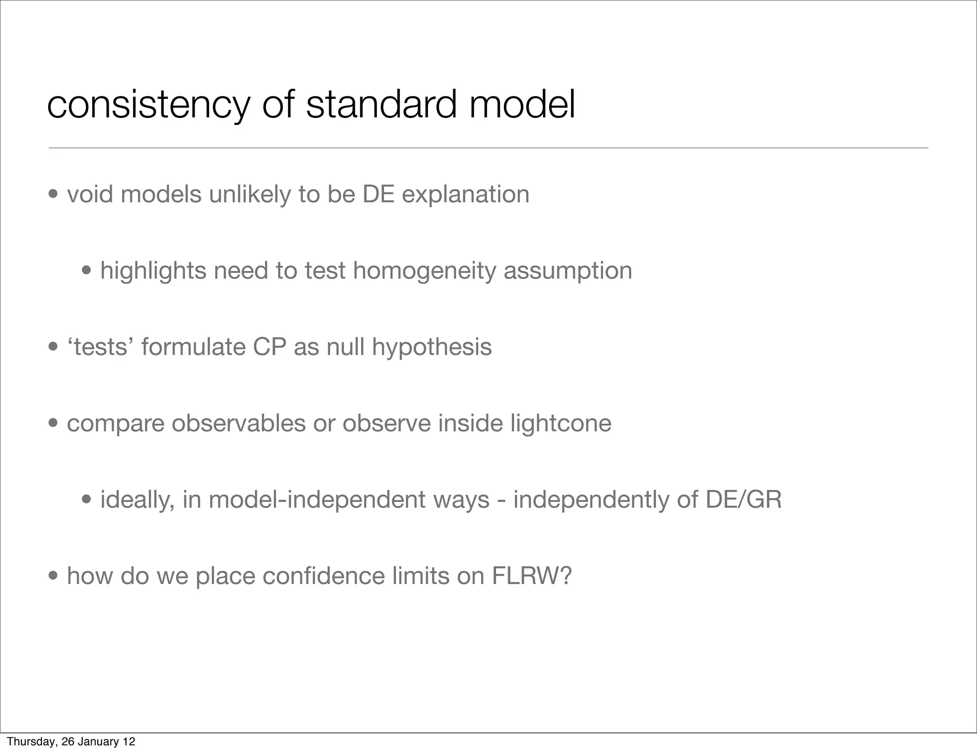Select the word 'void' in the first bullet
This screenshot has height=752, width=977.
[90, 194]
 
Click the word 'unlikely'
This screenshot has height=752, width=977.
[249, 194]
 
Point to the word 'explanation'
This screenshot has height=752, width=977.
[465, 194]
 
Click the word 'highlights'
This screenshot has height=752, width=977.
[153, 271]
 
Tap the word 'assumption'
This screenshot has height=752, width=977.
[568, 271]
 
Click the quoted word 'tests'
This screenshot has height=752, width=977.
[101, 347]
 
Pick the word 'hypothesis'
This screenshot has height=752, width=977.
[432, 347]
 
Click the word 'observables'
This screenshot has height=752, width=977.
[239, 423]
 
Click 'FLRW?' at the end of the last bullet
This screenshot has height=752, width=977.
[531, 576]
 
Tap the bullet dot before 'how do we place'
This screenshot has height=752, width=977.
[53, 576]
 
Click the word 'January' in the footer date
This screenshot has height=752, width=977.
[96, 742]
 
